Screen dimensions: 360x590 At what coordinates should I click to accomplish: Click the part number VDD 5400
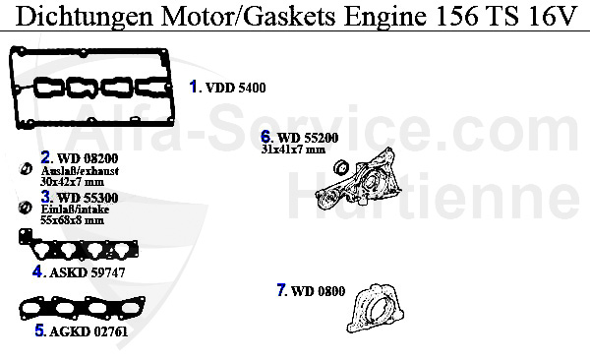click(x=234, y=88)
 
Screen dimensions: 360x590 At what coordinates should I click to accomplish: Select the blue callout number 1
click(x=194, y=87)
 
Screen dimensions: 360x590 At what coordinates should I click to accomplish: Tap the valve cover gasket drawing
click(x=93, y=89)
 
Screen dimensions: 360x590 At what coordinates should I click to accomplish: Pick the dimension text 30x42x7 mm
click(x=72, y=181)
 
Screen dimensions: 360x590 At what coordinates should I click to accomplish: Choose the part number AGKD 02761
click(x=88, y=332)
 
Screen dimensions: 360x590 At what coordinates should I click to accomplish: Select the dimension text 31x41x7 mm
click(x=293, y=150)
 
